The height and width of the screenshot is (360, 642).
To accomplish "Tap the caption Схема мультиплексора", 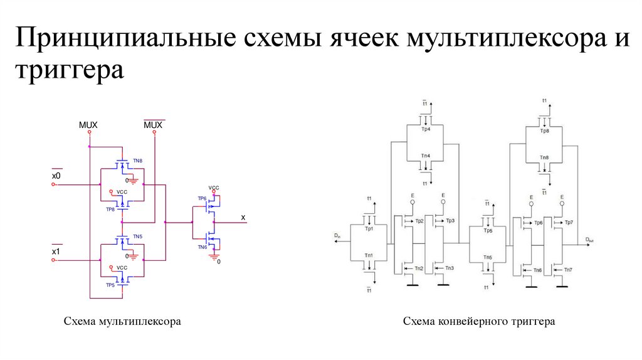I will pyautogui.click(x=122, y=322).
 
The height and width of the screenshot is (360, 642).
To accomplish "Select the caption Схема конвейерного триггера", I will pyautogui.click(x=479, y=322).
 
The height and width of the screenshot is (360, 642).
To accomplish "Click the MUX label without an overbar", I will pyautogui.click(x=88, y=125).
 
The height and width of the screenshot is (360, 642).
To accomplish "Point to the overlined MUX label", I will pyautogui.click(x=153, y=125).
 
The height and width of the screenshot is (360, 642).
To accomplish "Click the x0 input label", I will pyautogui.click(x=56, y=176).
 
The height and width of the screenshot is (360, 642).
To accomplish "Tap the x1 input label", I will pyautogui.click(x=56, y=252).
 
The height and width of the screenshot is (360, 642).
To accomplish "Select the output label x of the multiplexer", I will pyautogui.click(x=243, y=217).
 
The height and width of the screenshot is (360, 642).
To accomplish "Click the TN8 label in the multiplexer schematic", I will pyautogui.click(x=137, y=161).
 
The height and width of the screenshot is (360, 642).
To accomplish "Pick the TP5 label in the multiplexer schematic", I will pyautogui.click(x=110, y=285).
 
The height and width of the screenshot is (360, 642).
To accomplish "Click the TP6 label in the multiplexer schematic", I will pyautogui.click(x=202, y=198).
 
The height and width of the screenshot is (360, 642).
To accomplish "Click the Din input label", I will pyautogui.click(x=337, y=236).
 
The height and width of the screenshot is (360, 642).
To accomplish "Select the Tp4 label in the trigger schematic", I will pyautogui.click(x=426, y=129).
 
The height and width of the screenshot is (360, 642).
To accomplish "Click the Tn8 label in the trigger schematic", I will pyautogui.click(x=544, y=157).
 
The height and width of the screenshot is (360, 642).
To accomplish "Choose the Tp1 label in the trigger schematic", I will pyautogui.click(x=369, y=228).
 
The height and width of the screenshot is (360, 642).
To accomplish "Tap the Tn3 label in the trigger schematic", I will pyautogui.click(x=449, y=268).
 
